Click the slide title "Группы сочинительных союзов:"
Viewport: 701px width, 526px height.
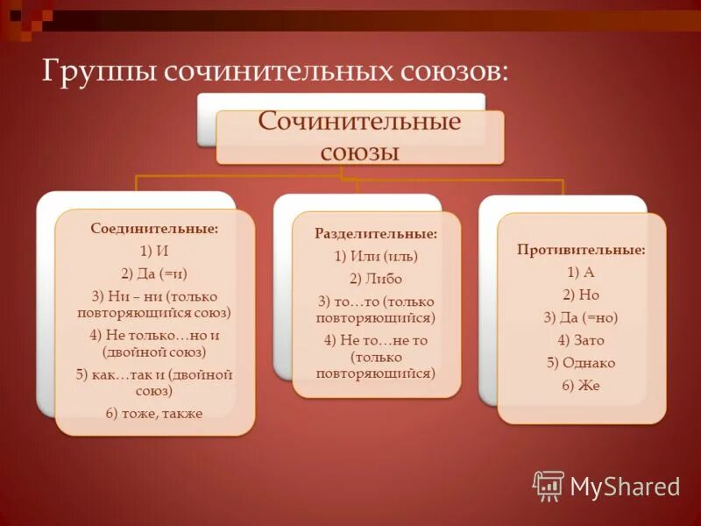click(274, 69)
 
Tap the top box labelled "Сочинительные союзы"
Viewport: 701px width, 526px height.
click(359, 136)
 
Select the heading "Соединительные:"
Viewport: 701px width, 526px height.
click(154, 229)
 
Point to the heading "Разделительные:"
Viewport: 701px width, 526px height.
click(376, 234)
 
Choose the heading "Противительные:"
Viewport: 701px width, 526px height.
click(581, 250)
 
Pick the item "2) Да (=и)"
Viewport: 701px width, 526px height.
click(155, 273)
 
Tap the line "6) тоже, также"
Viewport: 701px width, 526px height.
click(155, 413)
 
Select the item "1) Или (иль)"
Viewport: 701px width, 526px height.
click(376, 256)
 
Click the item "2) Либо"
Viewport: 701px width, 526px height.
click(376, 279)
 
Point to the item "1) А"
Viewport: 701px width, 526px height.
click(581, 272)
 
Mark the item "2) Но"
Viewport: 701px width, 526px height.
click(581, 295)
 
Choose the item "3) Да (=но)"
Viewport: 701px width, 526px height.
click(581, 317)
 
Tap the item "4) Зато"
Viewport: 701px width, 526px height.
click(581, 340)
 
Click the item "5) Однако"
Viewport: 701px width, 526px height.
click(581, 363)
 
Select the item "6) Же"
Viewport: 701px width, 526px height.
click(581, 386)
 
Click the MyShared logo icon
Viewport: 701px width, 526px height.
click(549, 485)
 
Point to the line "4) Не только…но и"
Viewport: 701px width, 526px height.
click(155, 335)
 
